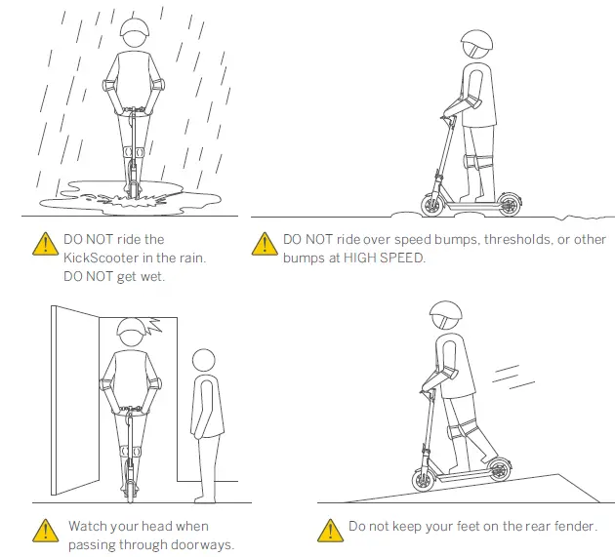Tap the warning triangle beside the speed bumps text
pyautogui.click(x=264, y=244)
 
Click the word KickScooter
pyautogui.click(x=104, y=259)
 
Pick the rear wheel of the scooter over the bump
pyautogui.click(x=508, y=204)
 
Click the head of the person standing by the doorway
pyautogui.click(x=204, y=361)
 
